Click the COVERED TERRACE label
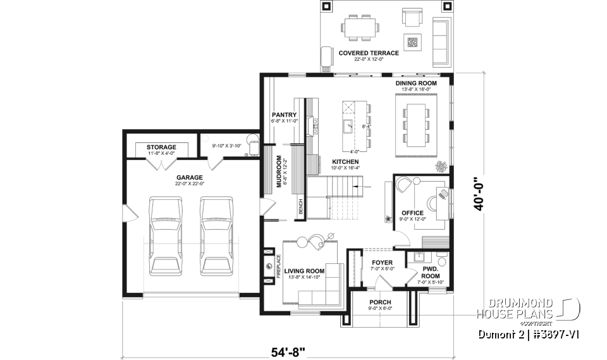(x=369, y=53)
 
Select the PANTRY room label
(x=284, y=115)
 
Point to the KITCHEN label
(x=345, y=162)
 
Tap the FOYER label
(x=382, y=262)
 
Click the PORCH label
(x=381, y=302)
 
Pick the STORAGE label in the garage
(x=161, y=147)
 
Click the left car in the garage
(x=166, y=234)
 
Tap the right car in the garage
(x=217, y=234)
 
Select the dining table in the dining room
(x=415, y=123)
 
